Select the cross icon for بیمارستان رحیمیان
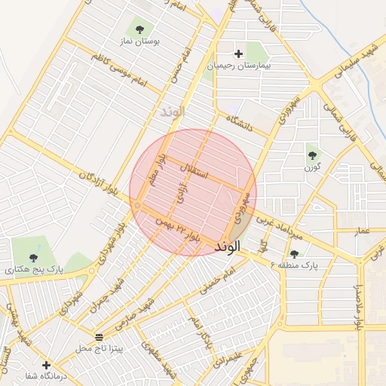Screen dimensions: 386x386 (239, 54)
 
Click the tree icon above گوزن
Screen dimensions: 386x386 (312, 155)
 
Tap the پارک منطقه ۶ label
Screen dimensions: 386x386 (296, 265)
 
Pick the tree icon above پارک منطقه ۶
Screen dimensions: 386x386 (294, 253)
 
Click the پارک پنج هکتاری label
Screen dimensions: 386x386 (34, 268)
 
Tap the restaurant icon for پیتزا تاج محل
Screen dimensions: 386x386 (100, 335)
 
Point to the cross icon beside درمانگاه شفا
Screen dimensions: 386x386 (47, 364)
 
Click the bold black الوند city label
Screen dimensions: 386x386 (227, 247)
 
